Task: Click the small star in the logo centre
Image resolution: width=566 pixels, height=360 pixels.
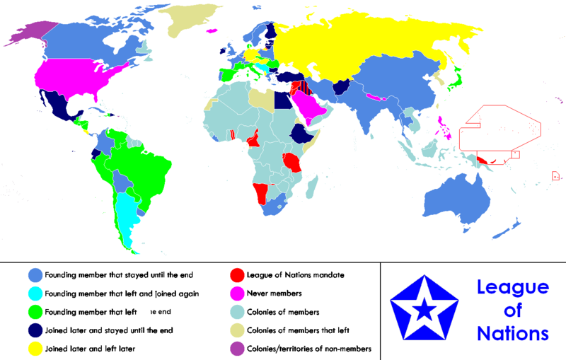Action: (424, 308)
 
